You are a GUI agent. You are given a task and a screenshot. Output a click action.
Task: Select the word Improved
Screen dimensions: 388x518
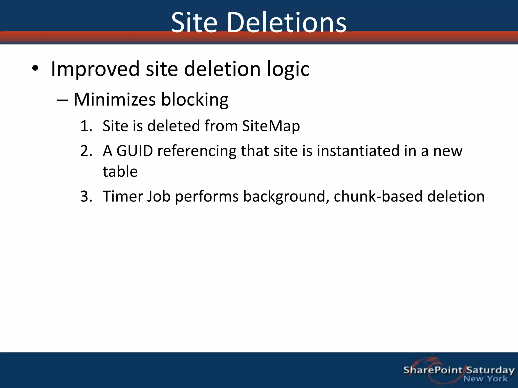point(95,69)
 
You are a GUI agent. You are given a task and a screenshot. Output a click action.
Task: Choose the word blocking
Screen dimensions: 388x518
point(195,100)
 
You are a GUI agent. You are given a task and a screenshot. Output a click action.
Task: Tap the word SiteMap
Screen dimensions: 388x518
point(271,126)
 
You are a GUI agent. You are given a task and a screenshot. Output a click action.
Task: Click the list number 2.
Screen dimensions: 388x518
point(86,151)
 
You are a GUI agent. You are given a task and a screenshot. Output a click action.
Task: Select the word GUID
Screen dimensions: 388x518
point(135,151)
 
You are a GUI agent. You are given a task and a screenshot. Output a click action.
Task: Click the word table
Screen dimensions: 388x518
point(120,172)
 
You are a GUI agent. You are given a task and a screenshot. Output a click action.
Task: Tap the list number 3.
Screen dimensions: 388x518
point(86,197)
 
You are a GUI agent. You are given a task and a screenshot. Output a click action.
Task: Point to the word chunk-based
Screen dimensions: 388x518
point(378,196)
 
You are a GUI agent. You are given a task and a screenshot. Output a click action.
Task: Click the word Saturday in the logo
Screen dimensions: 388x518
point(490,371)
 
